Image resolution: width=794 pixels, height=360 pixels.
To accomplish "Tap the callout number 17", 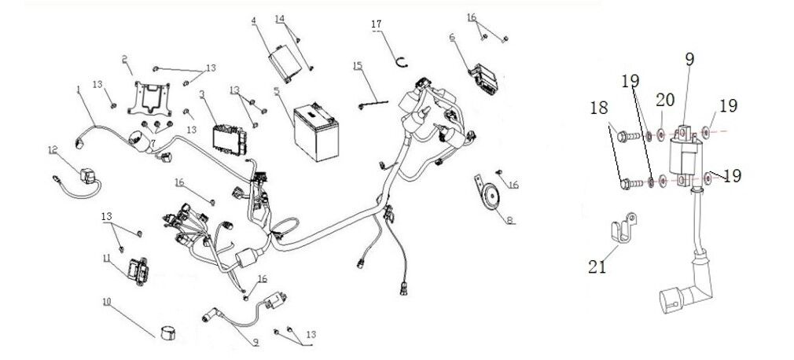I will click(377, 25).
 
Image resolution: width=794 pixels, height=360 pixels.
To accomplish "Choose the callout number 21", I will click(597, 267).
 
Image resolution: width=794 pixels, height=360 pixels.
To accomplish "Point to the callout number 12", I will click(53, 149).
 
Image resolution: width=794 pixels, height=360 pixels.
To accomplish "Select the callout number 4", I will click(253, 20).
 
